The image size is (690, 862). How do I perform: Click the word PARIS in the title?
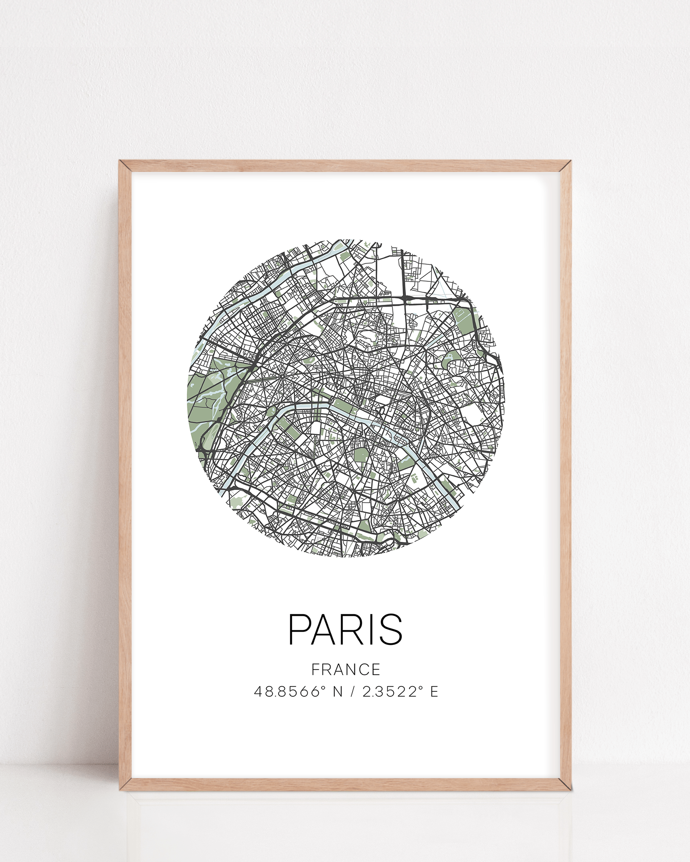click(345, 629)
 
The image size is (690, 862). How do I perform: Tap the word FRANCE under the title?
click(346, 670)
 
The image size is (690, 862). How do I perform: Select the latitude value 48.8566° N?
click(298, 692)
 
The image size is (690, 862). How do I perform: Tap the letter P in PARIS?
click(299, 629)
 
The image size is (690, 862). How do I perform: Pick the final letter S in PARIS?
click(391, 629)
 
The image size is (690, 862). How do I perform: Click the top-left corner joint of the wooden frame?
click(125, 166)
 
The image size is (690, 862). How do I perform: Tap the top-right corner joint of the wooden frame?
click(565, 166)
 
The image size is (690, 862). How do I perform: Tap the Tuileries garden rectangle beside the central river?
click(341, 405)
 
